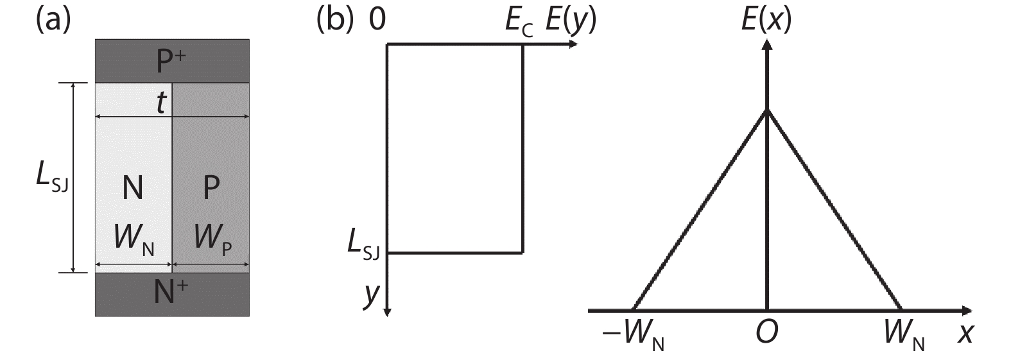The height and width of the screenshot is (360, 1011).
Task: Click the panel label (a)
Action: pyautogui.click(x=53, y=21)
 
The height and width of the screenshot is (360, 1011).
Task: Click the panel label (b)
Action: pyautogui.click(x=334, y=21)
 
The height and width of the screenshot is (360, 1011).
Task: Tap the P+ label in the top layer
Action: pyautogui.click(x=171, y=60)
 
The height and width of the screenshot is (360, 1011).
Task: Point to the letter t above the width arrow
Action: pyautogui.click(x=162, y=103)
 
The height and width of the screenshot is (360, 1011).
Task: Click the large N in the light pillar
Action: pyautogui.click(x=133, y=187)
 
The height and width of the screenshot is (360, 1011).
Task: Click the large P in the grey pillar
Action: pyautogui.click(x=211, y=187)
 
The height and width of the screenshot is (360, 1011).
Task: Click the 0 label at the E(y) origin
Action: pyautogui.click(x=377, y=20)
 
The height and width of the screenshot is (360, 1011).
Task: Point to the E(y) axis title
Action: pyautogui.click(x=571, y=21)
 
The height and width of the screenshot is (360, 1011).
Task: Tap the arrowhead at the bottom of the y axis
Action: pyautogui.click(x=387, y=311)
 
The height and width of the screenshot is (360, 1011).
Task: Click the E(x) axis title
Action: pyautogui.click(x=766, y=21)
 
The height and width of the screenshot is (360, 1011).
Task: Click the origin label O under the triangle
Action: pyautogui.click(x=767, y=332)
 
